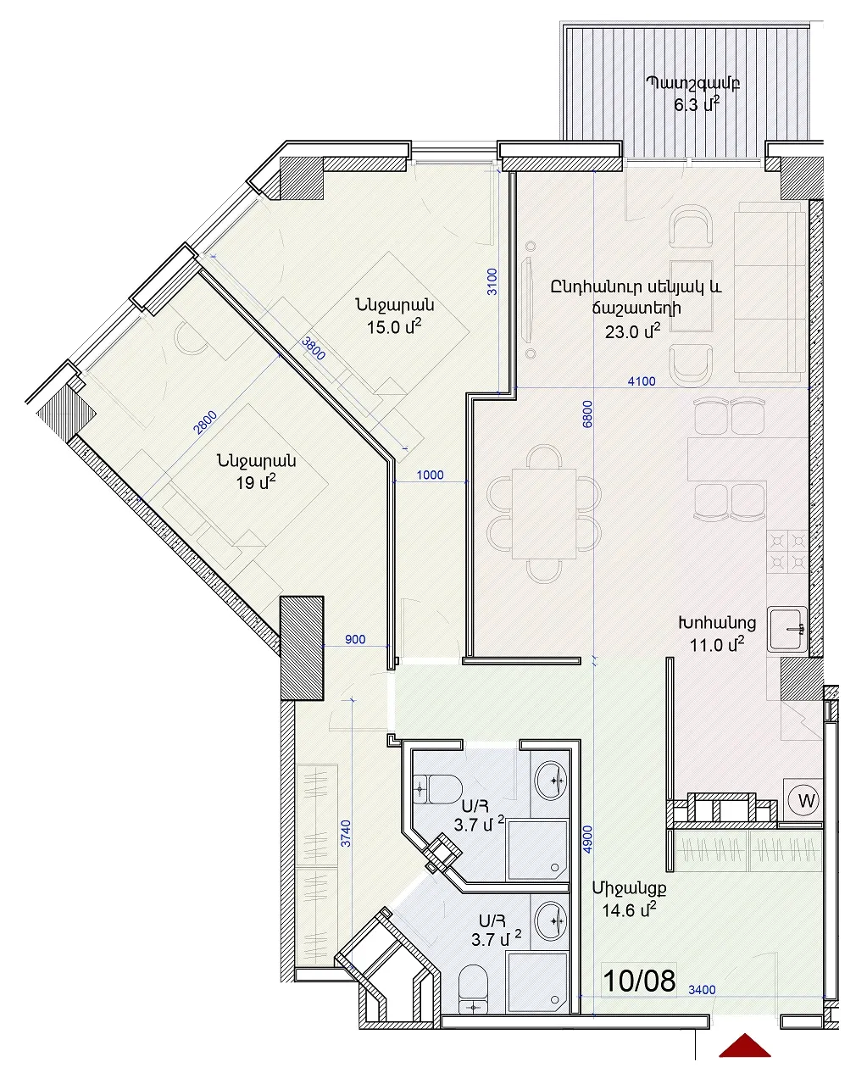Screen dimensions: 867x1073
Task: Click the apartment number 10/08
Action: pos(639,981)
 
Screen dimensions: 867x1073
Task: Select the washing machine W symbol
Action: pos(806,800)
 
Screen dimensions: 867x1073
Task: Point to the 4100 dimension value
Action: pos(642,381)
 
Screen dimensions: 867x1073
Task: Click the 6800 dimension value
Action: pos(587,414)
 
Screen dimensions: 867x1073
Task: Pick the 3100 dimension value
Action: pos(492,281)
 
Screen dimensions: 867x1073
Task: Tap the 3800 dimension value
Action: pos(314,348)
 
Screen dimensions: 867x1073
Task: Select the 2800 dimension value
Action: pos(206,423)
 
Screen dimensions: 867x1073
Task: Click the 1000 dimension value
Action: pos(431,475)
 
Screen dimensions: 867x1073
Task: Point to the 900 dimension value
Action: pos(355,640)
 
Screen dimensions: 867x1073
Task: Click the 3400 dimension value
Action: pos(702,990)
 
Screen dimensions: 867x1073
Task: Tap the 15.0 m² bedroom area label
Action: pos(394,327)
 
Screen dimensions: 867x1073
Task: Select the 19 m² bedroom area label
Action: pos(256,483)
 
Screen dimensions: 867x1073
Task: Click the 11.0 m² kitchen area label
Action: pos(716,644)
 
